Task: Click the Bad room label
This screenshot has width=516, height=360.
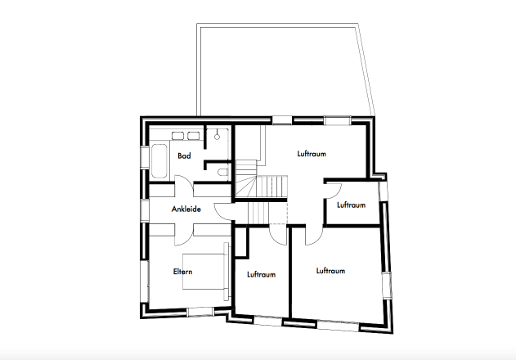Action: click(x=184, y=155)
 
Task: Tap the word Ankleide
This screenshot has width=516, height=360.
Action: click(x=186, y=209)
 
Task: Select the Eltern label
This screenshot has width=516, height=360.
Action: click(x=182, y=272)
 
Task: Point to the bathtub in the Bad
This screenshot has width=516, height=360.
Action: click(x=159, y=161)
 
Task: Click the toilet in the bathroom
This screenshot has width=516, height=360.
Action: click(x=223, y=173)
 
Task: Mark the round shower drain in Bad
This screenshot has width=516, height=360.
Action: click(x=218, y=137)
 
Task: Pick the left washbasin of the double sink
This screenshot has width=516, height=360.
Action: click(x=177, y=136)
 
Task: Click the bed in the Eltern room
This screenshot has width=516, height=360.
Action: click(x=204, y=272)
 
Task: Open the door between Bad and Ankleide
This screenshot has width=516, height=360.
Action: click(x=184, y=186)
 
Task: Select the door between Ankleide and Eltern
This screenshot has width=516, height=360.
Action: click(x=184, y=235)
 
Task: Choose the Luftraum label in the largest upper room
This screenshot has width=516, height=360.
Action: click(x=312, y=154)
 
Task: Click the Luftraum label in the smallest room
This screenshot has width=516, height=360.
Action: click(x=351, y=205)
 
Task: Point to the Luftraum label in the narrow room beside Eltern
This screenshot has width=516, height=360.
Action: click(x=262, y=274)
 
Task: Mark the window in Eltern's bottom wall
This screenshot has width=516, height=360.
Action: click(x=200, y=312)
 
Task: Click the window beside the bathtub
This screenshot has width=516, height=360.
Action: click(x=145, y=157)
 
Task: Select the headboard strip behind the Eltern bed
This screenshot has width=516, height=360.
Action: click(x=226, y=272)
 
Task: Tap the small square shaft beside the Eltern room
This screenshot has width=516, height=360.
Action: click(x=241, y=241)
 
